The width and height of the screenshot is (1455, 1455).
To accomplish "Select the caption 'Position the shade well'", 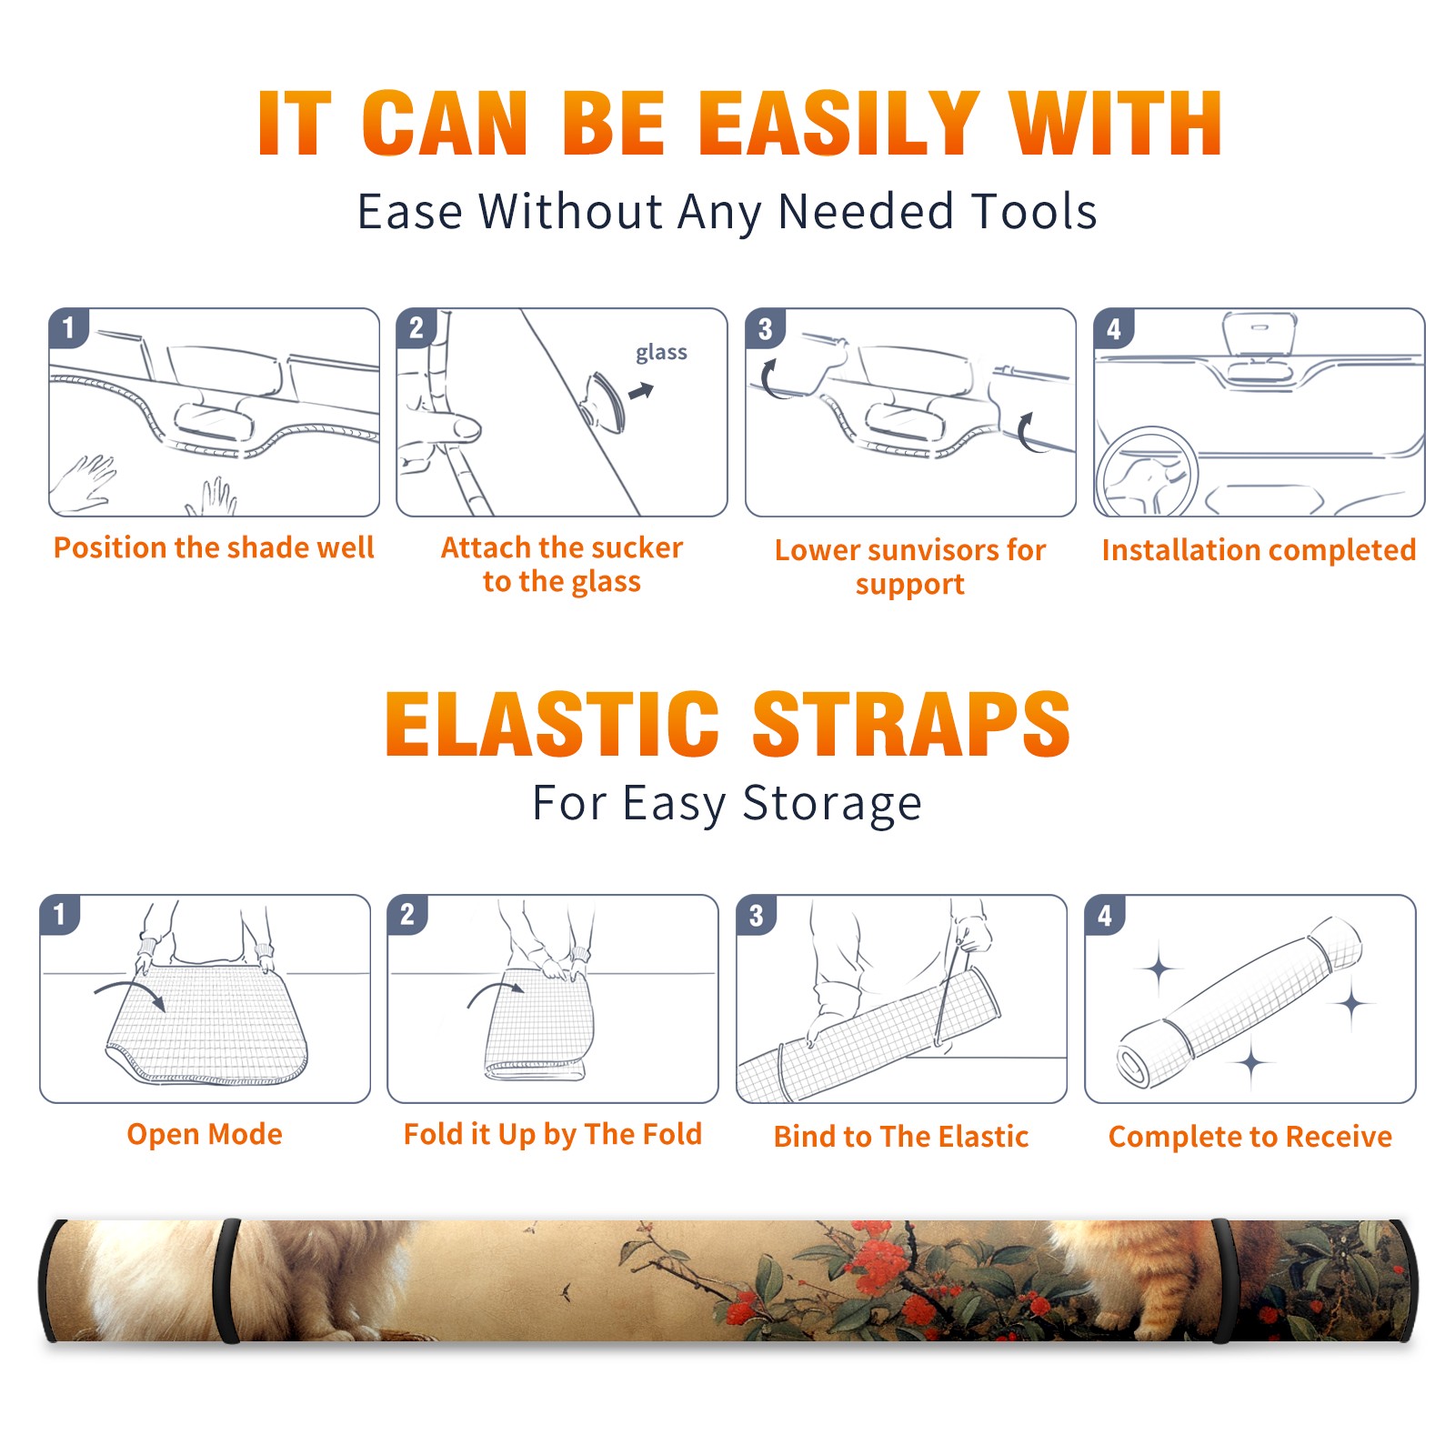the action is tap(214, 547).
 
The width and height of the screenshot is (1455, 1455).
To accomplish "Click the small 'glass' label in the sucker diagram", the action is tap(661, 353).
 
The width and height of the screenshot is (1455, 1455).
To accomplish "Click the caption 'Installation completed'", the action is tap(1259, 550).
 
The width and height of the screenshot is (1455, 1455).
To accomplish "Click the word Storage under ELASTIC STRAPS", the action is tap(832, 804).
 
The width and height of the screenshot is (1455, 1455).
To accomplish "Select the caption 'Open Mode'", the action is tap(205, 1134).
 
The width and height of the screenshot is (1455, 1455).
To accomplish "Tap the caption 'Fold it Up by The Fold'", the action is tap(553, 1135).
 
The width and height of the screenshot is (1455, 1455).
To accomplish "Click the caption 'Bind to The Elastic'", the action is tap(901, 1137).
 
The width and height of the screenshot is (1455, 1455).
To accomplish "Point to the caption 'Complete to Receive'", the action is tap(1250, 1137).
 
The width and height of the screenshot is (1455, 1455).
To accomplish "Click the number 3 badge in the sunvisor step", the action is tap(765, 329).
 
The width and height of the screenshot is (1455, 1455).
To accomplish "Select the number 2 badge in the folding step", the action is tap(407, 915).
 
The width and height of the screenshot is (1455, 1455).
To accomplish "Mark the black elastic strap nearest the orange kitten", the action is tap(1224, 1280).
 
